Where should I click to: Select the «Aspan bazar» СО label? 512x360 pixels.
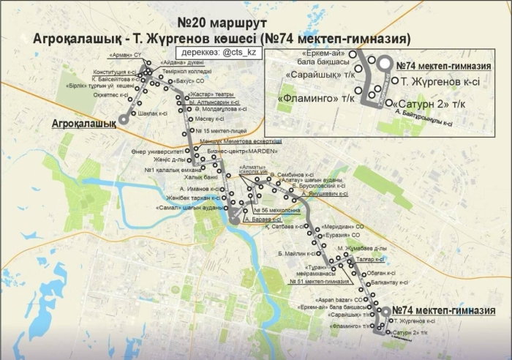[x=336, y=300]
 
